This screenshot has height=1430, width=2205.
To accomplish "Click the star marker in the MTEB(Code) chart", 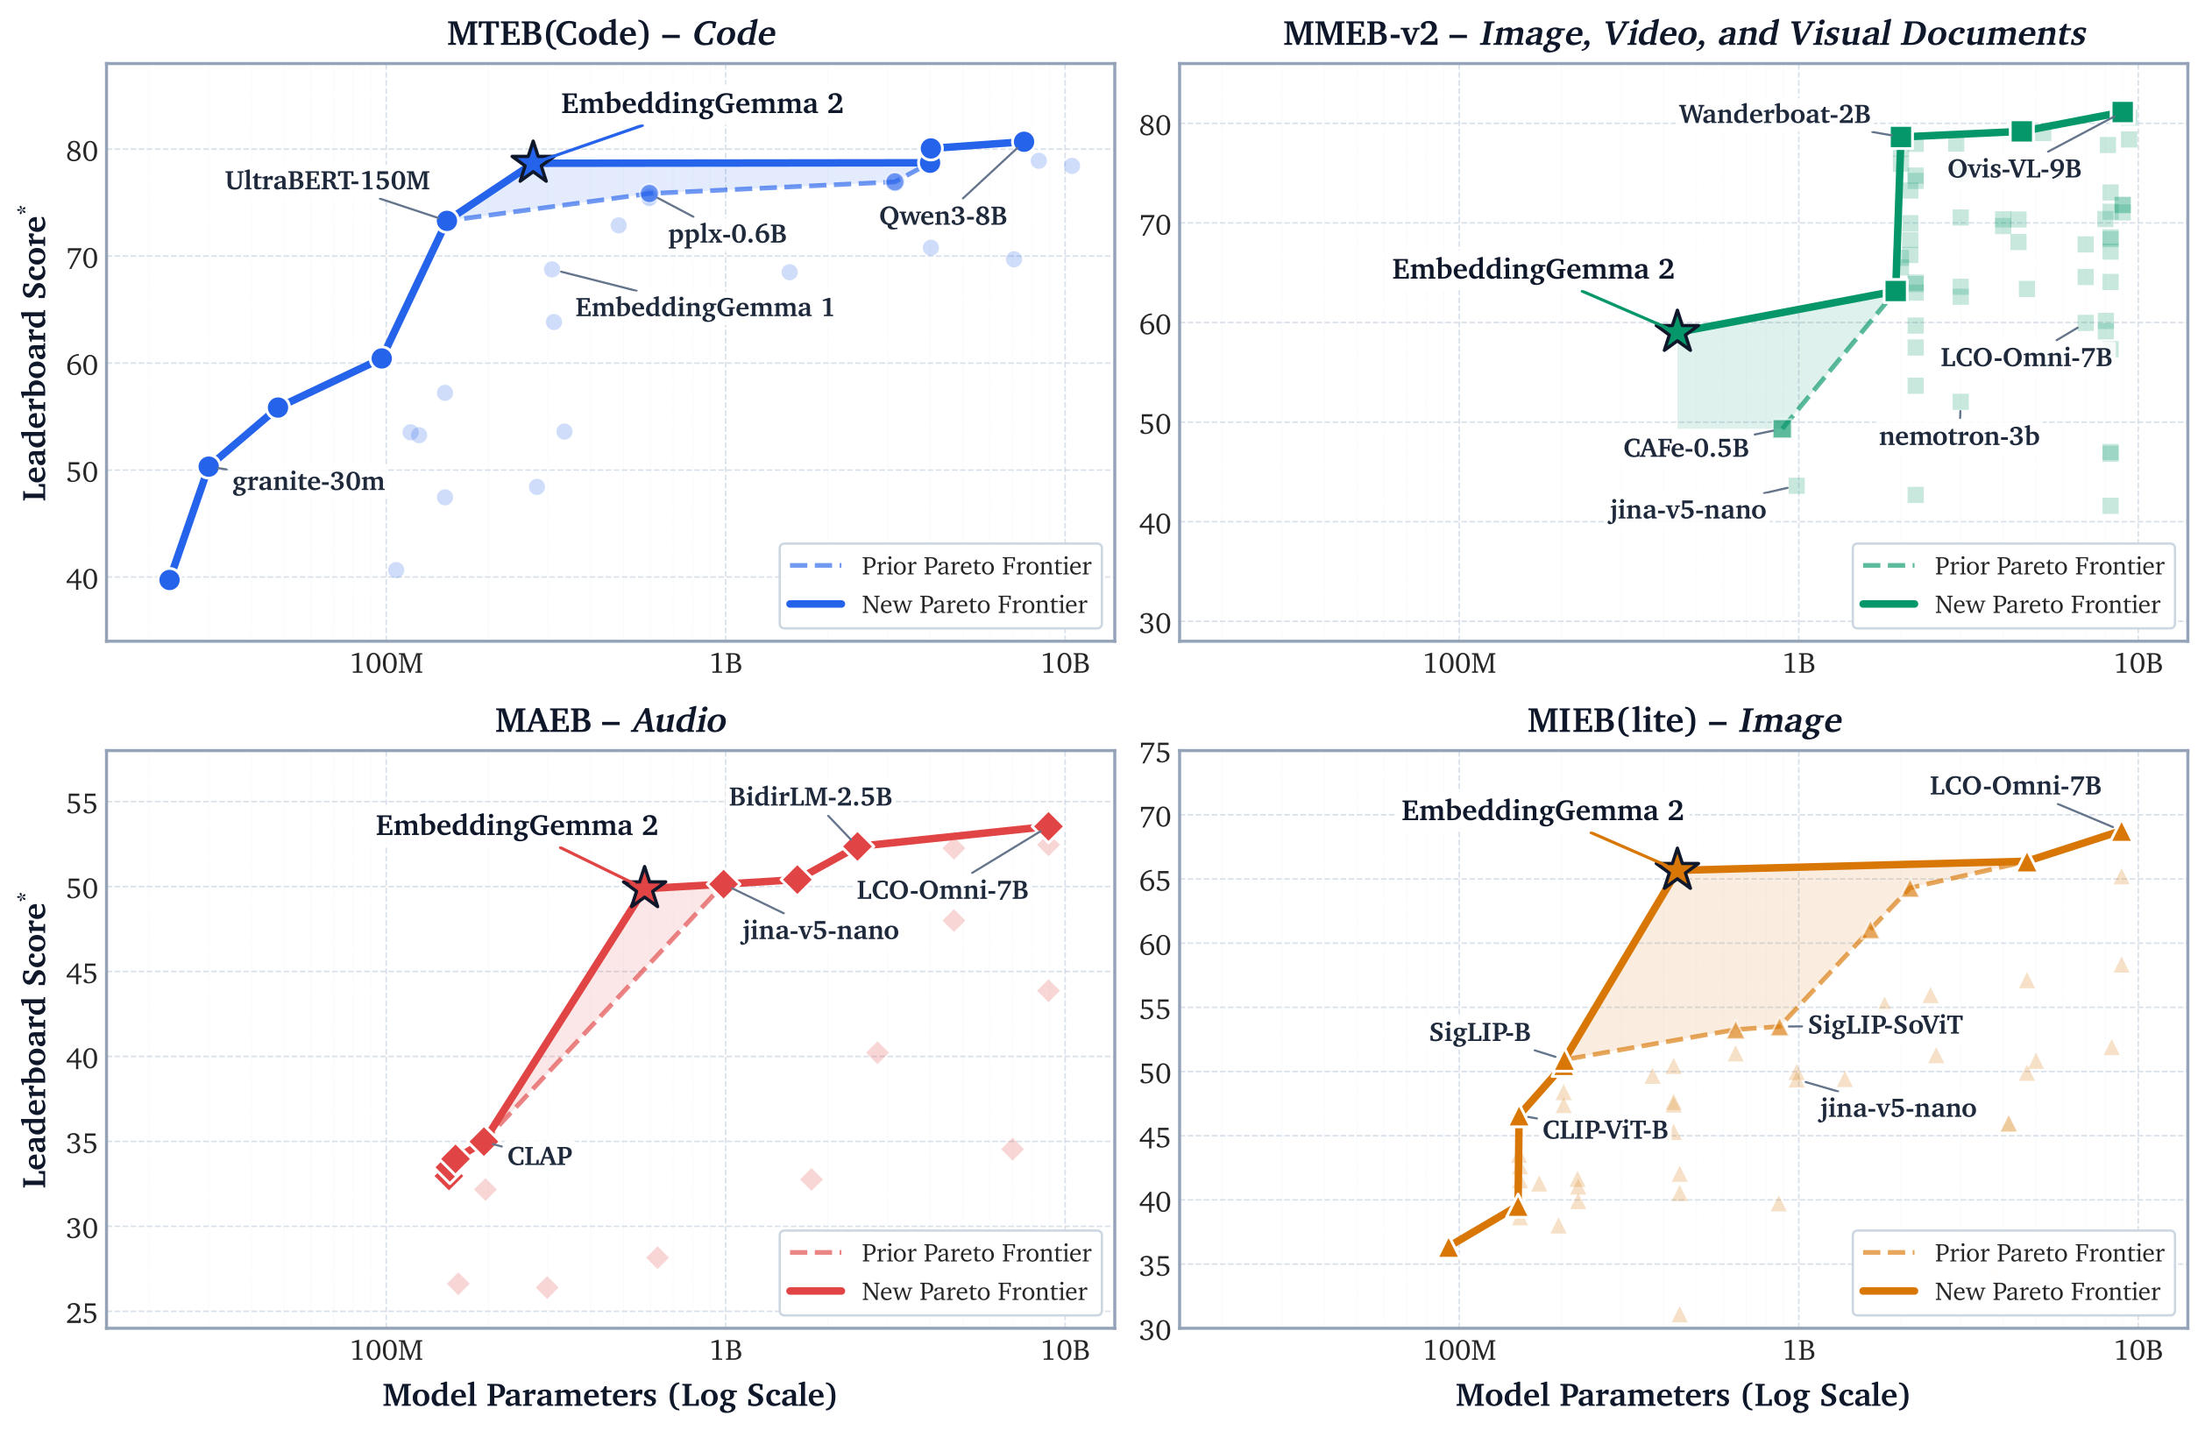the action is click(x=533, y=162).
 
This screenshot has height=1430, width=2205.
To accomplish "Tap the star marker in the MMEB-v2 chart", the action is click(x=1677, y=331).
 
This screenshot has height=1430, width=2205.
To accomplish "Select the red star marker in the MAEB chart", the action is click(x=645, y=888).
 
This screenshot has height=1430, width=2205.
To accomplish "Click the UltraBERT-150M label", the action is click(x=327, y=181).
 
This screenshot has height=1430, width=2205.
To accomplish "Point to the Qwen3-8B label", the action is click(x=942, y=216).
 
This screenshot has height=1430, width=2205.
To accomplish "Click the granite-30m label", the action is click(x=308, y=482).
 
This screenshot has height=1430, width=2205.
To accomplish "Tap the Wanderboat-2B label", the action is click(x=1774, y=114).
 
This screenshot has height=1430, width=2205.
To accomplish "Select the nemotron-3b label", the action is click(x=1959, y=436).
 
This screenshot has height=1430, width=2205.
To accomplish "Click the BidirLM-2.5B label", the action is click(x=810, y=796).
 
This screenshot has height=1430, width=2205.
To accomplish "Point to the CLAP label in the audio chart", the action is click(x=539, y=1156).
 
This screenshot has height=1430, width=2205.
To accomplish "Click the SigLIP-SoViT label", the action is click(x=1884, y=1025).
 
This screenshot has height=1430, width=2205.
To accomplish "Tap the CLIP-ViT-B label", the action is click(x=1605, y=1130).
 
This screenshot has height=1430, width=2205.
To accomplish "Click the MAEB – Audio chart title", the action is click(x=611, y=719).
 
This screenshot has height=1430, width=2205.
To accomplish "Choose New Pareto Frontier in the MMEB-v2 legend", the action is click(x=2046, y=605).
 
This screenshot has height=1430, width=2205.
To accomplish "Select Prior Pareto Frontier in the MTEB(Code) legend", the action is click(x=975, y=566).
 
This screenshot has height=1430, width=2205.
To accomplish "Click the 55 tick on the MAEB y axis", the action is click(x=82, y=803).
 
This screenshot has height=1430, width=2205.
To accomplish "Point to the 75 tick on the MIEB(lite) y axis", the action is click(x=1154, y=753).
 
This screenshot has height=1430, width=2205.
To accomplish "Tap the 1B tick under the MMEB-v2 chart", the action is click(x=1798, y=663).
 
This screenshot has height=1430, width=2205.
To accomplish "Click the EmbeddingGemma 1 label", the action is click(x=704, y=308).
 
